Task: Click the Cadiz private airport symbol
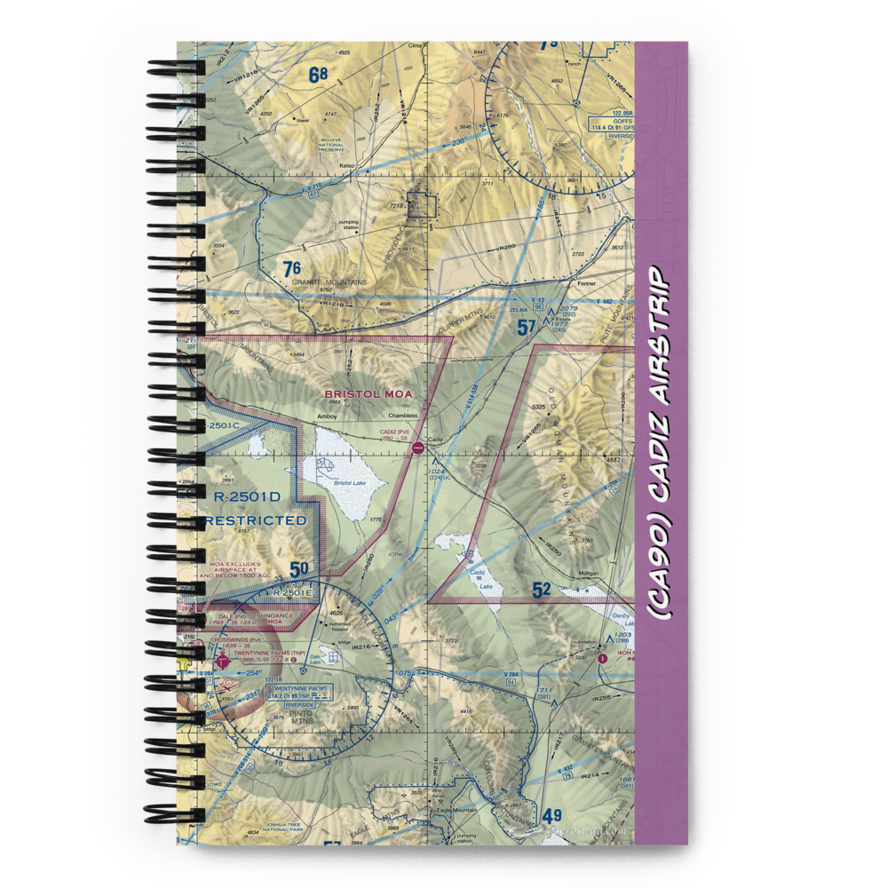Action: tap(417, 449)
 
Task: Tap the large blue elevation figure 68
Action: tap(319, 75)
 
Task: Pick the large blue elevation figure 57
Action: tap(527, 328)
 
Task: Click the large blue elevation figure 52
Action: tap(542, 588)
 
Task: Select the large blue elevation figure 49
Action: tap(552, 816)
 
